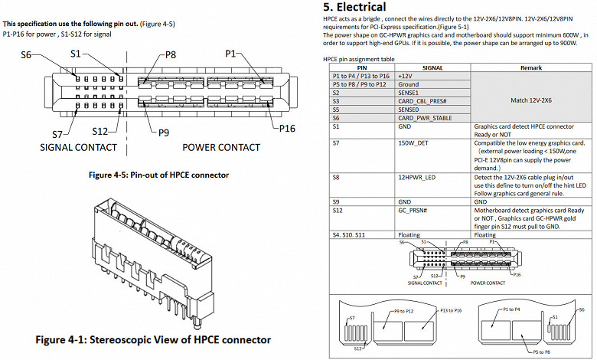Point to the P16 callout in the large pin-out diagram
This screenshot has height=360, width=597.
coord(287,128)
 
